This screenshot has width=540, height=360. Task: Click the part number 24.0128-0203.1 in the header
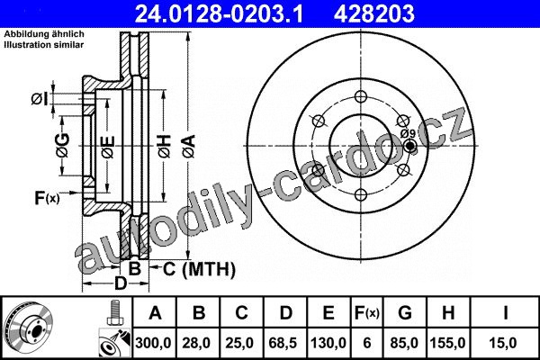[x=220, y=13]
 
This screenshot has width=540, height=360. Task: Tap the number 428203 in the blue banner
[x=374, y=13]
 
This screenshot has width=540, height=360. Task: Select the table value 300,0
[x=153, y=343]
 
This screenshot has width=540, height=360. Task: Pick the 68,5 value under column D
[x=283, y=343]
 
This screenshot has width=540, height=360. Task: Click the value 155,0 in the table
[x=447, y=343]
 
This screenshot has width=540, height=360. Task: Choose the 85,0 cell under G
[x=404, y=343]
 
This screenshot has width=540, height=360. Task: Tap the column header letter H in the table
[x=448, y=313]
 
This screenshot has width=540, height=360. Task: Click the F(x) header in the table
[x=367, y=313]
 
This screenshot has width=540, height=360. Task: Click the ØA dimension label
[x=189, y=147]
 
